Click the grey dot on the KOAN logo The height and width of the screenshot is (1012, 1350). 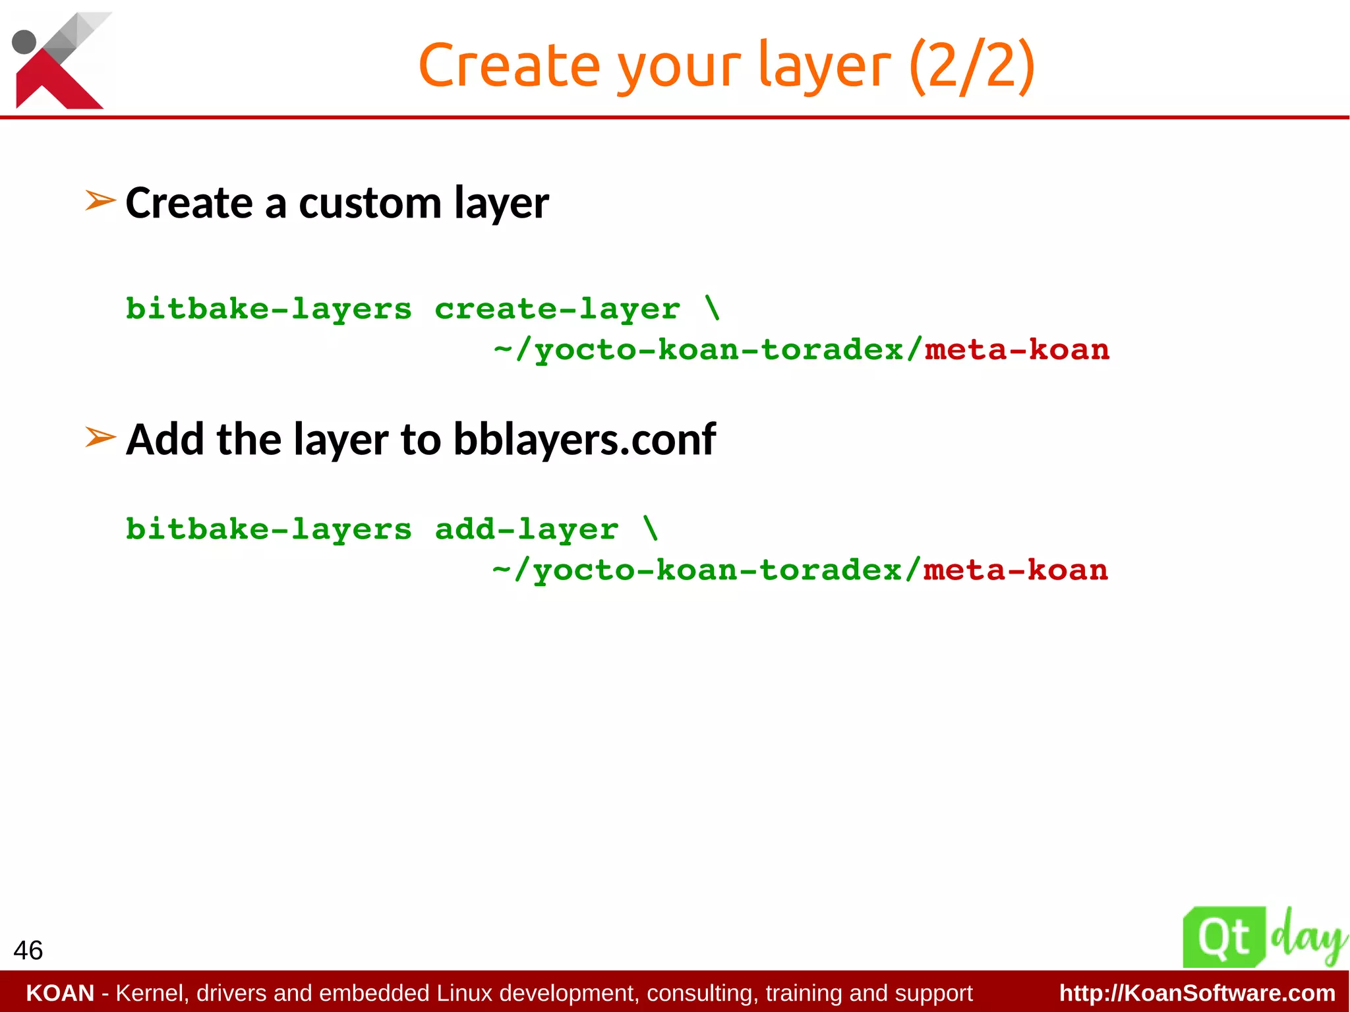(24, 42)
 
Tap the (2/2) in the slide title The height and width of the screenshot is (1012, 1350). (971, 65)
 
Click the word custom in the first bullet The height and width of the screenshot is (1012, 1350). (369, 203)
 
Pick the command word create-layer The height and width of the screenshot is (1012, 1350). (557, 309)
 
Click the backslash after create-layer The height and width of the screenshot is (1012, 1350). (713, 308)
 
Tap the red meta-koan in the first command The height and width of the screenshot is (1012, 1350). (1016, 350)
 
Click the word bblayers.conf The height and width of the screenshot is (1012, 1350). (584, 440)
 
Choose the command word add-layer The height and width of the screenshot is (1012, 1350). (526, 529)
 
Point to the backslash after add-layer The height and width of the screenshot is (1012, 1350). (651, 528)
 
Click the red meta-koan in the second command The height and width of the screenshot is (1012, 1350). (1015, 570)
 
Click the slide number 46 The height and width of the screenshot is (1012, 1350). (28, 950)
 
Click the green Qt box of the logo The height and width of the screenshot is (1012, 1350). (1223, 937)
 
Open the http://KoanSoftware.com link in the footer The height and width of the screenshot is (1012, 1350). (1197, 993)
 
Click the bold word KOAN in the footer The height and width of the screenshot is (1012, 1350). (60, 993)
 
